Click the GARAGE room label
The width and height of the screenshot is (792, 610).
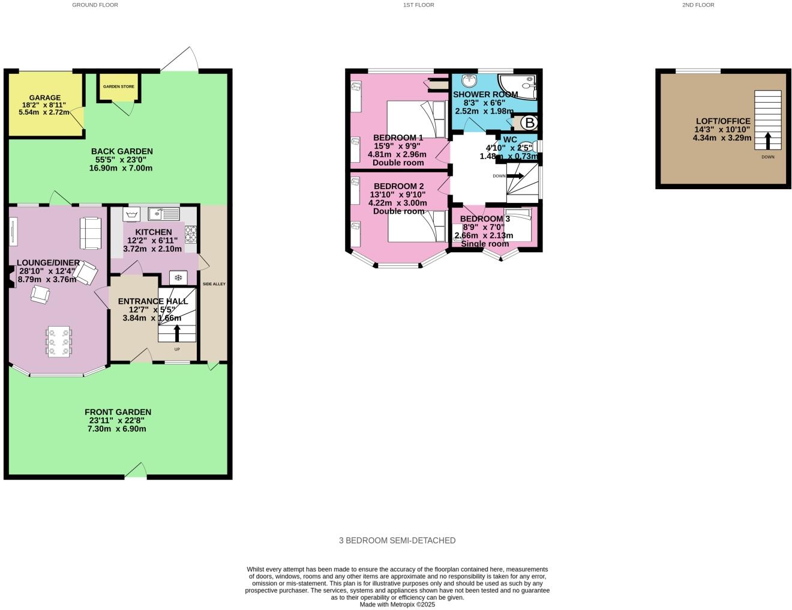click(x=45, y=98)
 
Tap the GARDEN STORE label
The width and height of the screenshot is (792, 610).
click(x=118, y=86)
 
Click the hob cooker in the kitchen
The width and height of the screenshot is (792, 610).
click(x=191, y=233)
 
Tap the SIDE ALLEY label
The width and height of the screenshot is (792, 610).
click(x=214, y=284)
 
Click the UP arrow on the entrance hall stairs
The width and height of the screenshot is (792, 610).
click(x=177, y=333)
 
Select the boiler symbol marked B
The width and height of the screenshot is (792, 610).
click(x=529, y=124)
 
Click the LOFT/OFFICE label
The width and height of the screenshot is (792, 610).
click(x=722, y=121)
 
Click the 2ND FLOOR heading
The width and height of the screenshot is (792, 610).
click(x=698, y=5)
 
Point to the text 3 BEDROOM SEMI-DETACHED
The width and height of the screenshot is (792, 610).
click(x=397, y=540)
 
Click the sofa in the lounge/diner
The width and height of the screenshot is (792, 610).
click(x=91, y=233)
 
